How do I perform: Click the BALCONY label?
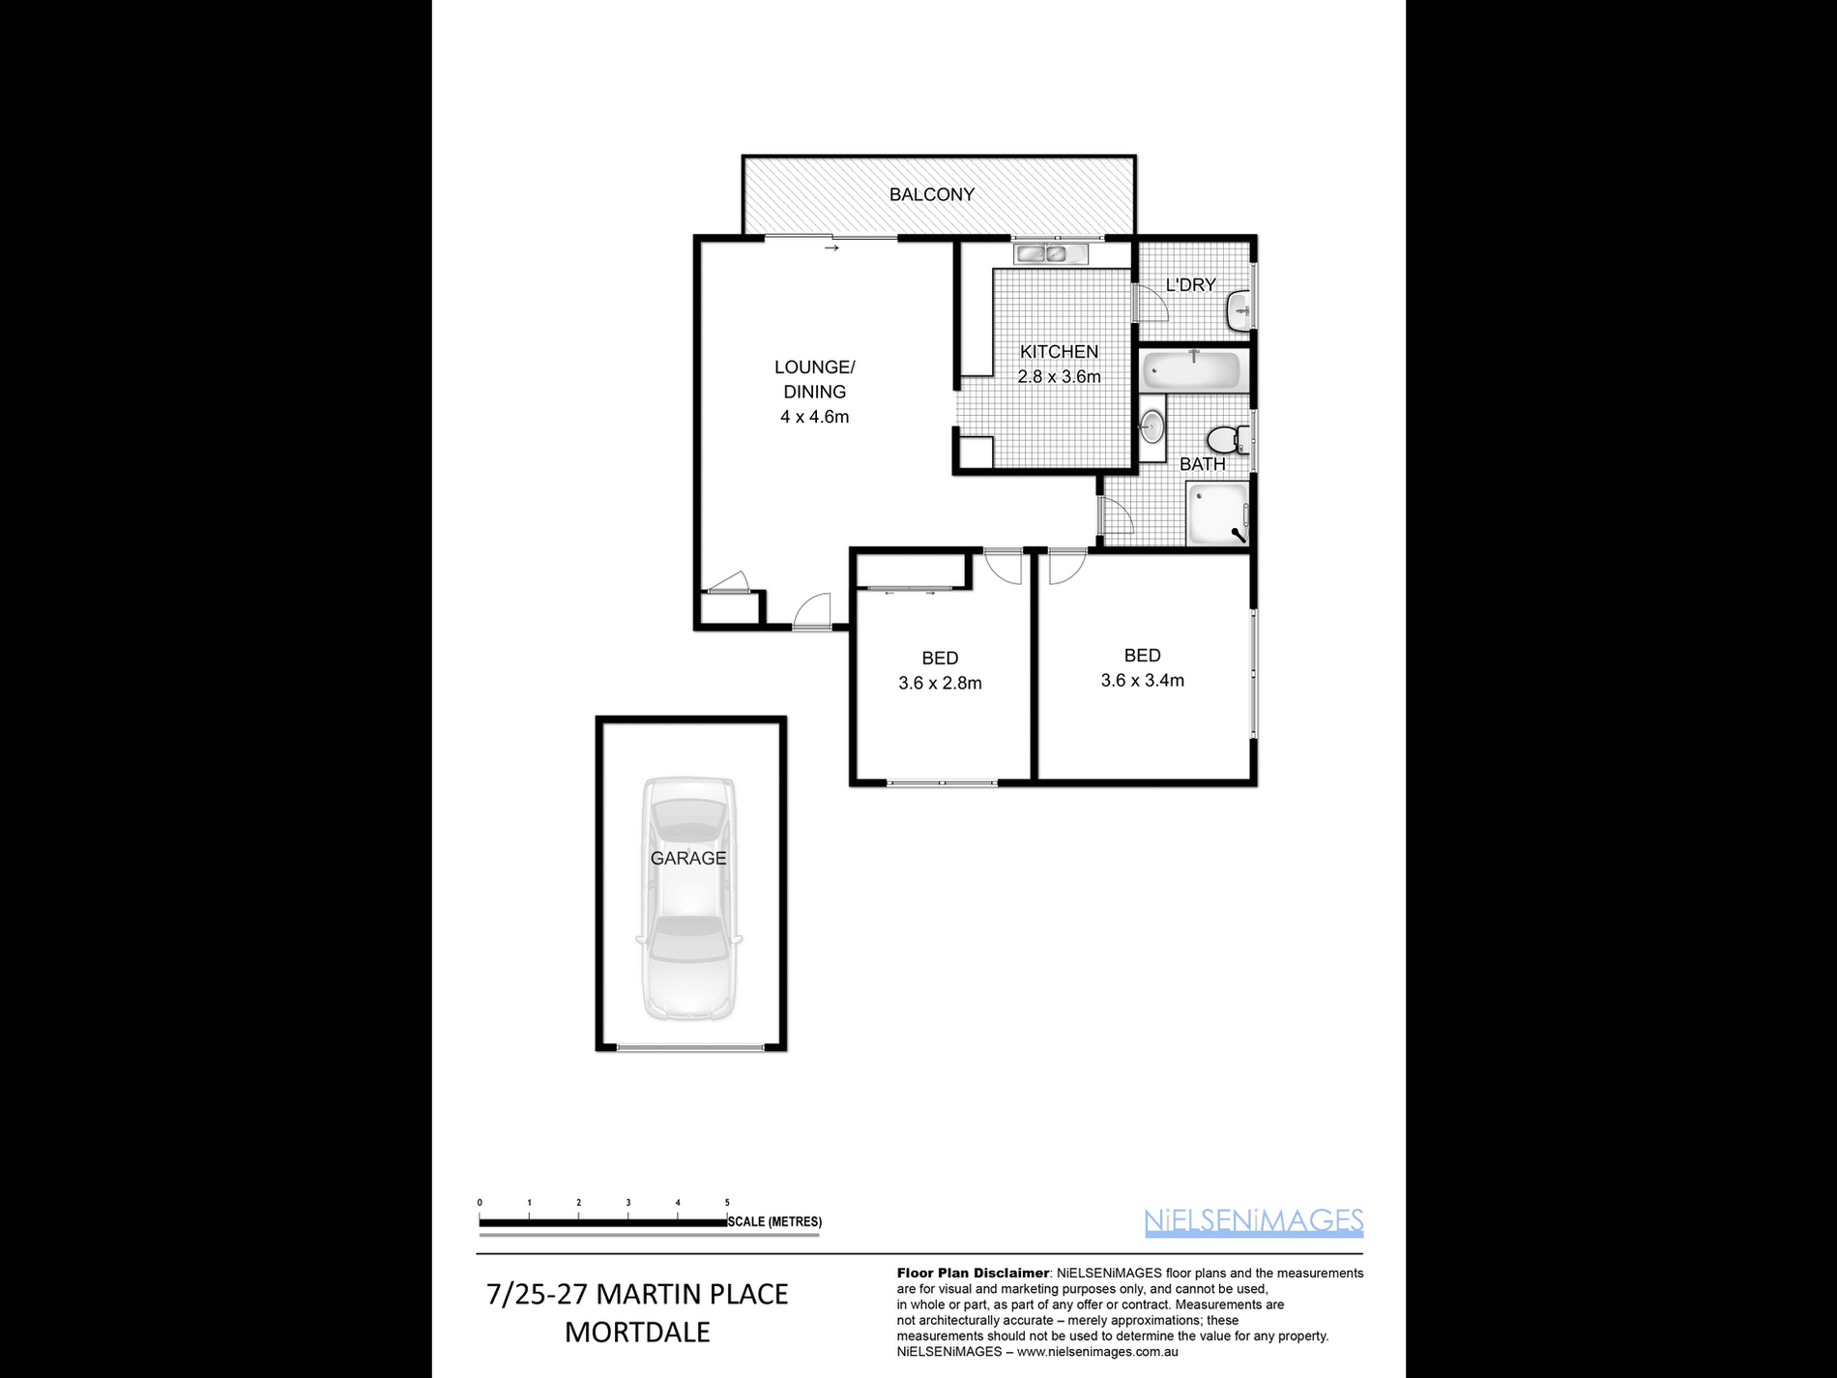(x=931, y=194)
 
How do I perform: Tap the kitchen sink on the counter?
(x=1050, y=254)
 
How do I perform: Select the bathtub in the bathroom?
(x=1191, y=370)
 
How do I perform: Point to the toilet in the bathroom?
(x=1229, y=440)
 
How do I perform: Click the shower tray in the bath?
(x=1217, y=514)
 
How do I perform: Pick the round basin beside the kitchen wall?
(x=1152, y=426)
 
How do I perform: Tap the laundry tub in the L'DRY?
(x=1239, y=311)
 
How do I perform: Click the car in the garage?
(x=688, y=898)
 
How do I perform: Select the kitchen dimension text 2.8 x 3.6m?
(x=1059, y=377)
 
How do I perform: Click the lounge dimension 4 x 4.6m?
(x=815, y=417)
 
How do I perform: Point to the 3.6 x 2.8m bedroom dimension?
(x=940, y=683)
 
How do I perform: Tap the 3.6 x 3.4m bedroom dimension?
(x=1142, y=681)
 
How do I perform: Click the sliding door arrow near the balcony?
(x=831, y=249)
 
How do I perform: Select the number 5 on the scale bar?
(x=727, y=1203)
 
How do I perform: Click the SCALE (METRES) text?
(x=774, y=1222)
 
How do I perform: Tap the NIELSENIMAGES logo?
(x=1254, y=1221)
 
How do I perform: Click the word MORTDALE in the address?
(x=637, y=1332)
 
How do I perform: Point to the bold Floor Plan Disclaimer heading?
(x=973, y=1273)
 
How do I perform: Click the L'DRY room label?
(x=1190, y=285)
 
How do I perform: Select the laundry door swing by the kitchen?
(x=1151, y=302)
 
